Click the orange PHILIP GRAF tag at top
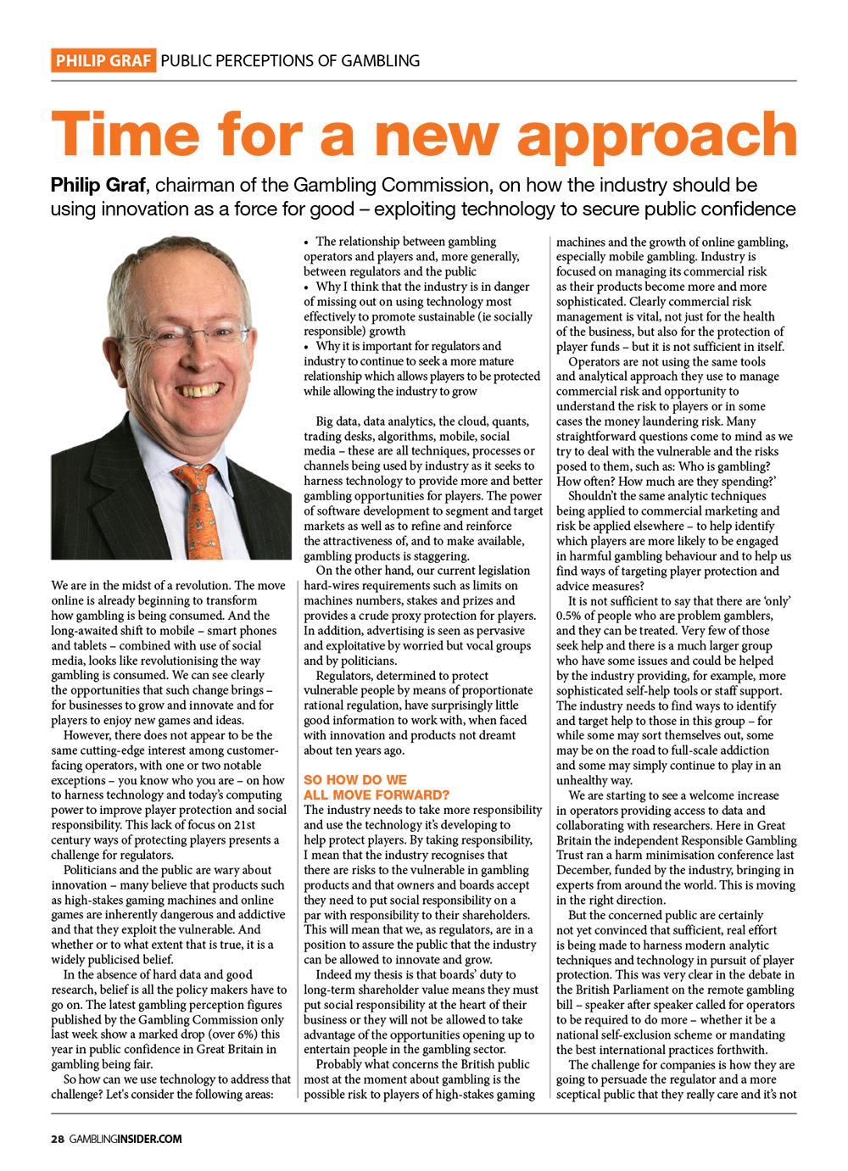(x=103, y=60)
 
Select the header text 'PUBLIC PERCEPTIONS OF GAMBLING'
(x=290, y=60)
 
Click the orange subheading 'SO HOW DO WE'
(x=355, y=778)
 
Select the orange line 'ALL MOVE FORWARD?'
(x=376, y=794)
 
